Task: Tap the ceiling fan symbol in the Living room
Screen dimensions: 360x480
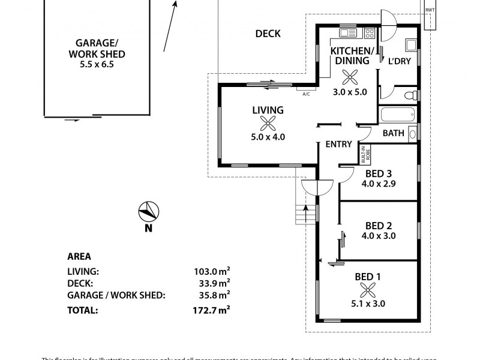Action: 268,123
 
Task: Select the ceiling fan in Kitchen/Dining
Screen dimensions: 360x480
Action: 349,77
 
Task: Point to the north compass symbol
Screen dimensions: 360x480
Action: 148,212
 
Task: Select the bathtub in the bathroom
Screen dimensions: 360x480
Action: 397,115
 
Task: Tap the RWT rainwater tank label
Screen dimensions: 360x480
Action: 430,10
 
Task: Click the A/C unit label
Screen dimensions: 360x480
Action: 306,94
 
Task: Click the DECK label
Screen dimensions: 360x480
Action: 268,34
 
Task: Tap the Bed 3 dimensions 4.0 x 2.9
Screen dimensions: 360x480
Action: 379,185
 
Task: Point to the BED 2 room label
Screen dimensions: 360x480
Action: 379,226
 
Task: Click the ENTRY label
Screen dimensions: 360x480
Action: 338,144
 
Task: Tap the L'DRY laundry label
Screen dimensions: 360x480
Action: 399,61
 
